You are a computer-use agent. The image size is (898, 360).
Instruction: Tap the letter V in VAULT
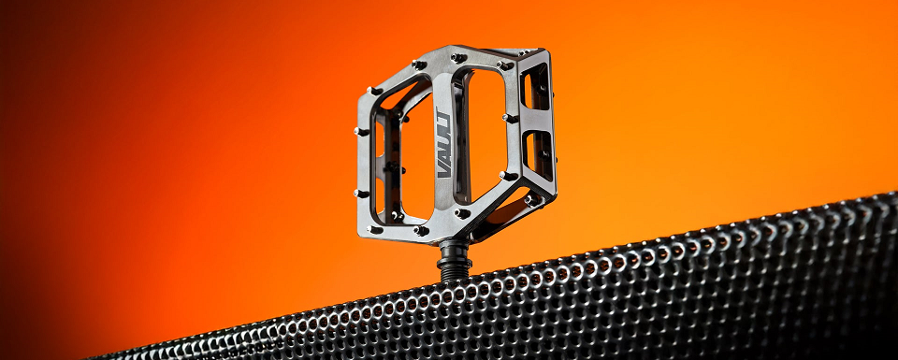pyautogui.click(x=443, y=170)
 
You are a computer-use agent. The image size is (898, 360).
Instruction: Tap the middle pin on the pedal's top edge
pyautogui.click(x=458, y=57)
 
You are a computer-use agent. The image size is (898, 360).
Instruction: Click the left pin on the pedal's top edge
pyautogui.click(x=419, y=65)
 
